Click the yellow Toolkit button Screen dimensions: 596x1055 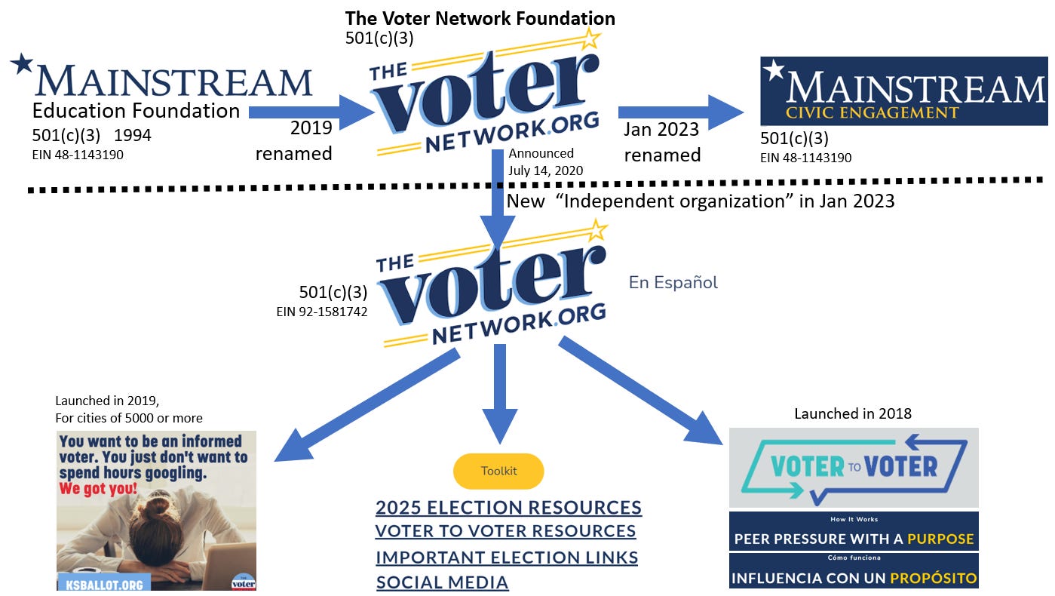point(498,472)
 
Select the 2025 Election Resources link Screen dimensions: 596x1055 point(508,507)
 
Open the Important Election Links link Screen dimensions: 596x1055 point(507,558)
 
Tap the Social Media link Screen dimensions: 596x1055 point(442,582)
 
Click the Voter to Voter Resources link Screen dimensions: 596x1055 point(505,531)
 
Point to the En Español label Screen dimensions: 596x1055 point(673,283)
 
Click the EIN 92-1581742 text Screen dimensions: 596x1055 point(322,311)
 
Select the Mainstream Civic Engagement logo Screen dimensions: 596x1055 point(903,91)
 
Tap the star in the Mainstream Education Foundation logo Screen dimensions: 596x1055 point(22,63)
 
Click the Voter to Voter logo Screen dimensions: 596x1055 point(854,467)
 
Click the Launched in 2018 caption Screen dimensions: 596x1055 point(853,413)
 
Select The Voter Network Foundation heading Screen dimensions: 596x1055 point(480,18)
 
